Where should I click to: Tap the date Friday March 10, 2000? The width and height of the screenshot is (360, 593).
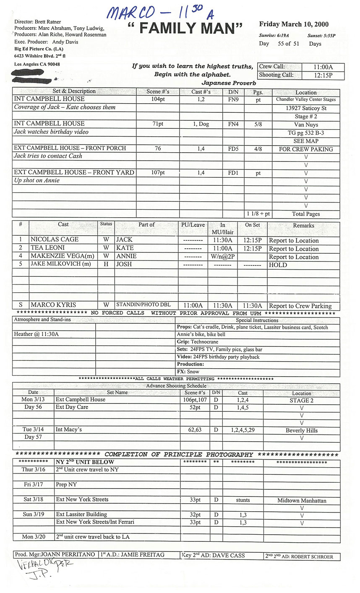point(294,24)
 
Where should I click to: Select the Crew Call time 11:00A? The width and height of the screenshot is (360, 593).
point(323,67)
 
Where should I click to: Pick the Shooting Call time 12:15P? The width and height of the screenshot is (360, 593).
point(323,75)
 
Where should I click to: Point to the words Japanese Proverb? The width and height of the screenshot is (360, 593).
point(229,83)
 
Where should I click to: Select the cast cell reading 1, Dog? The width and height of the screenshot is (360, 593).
point(201,124)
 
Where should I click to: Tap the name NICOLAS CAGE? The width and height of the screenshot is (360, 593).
point(55,239)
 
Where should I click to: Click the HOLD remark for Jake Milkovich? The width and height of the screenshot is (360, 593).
point(278,265)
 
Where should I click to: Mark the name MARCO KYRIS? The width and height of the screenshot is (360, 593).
point(53,305)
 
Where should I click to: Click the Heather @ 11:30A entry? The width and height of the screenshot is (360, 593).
point(37,334)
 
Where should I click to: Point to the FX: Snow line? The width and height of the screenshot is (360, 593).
point(188,372)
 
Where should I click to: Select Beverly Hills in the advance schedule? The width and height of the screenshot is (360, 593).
point(302,430)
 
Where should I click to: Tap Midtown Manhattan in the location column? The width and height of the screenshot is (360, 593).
point(302,500)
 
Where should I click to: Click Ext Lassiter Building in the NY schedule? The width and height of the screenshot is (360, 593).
point(81,515)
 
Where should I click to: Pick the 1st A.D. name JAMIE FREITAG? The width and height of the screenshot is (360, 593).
point(138,554)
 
